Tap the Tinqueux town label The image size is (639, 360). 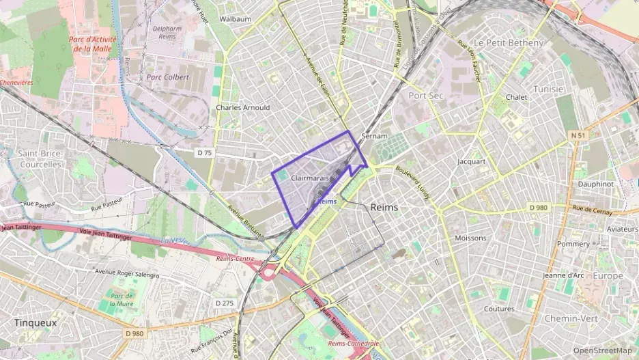[35, 322]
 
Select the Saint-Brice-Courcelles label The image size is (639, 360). [41, 158]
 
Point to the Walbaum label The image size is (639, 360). [236, 19]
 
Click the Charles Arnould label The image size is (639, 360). [243, 107]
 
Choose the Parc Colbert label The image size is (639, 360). [167, 77]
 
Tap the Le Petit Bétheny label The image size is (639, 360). [509, 42]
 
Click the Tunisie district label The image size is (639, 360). [548, 89]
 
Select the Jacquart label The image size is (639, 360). [471, 162]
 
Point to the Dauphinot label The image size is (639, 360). [596, 184]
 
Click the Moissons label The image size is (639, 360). [470, 238]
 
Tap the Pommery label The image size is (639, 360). [573, 244]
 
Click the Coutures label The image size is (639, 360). [499, 309]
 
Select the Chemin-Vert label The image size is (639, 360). [572, 318]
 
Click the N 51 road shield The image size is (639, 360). [578, 136]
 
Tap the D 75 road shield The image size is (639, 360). [204, 153]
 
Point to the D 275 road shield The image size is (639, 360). [225, 303]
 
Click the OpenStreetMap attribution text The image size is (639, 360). [603, 350]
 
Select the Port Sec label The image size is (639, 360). [426, 96]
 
